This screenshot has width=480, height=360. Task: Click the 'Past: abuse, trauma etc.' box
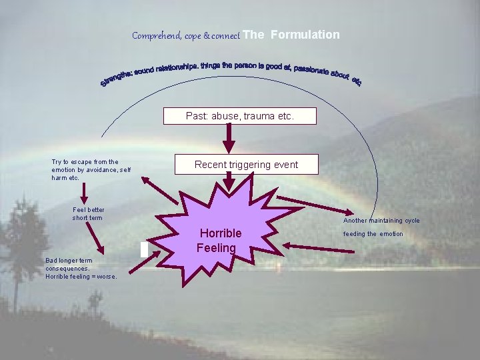click(240, 116)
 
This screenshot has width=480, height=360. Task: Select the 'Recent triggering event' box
click(246, 165)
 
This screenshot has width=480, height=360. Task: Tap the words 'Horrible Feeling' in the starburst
click(219, 241)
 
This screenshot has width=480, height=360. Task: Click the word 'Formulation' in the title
click(305, 35)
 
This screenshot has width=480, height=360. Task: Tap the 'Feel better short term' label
click(88, 213)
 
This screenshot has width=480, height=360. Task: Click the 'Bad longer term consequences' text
click(81, 268)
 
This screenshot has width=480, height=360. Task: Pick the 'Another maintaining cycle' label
click(381, 220)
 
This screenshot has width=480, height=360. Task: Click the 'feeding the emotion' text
click(373, 234)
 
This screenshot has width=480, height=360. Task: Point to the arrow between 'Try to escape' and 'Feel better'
click(84, 193)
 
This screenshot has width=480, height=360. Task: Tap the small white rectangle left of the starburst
click(144, 249)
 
